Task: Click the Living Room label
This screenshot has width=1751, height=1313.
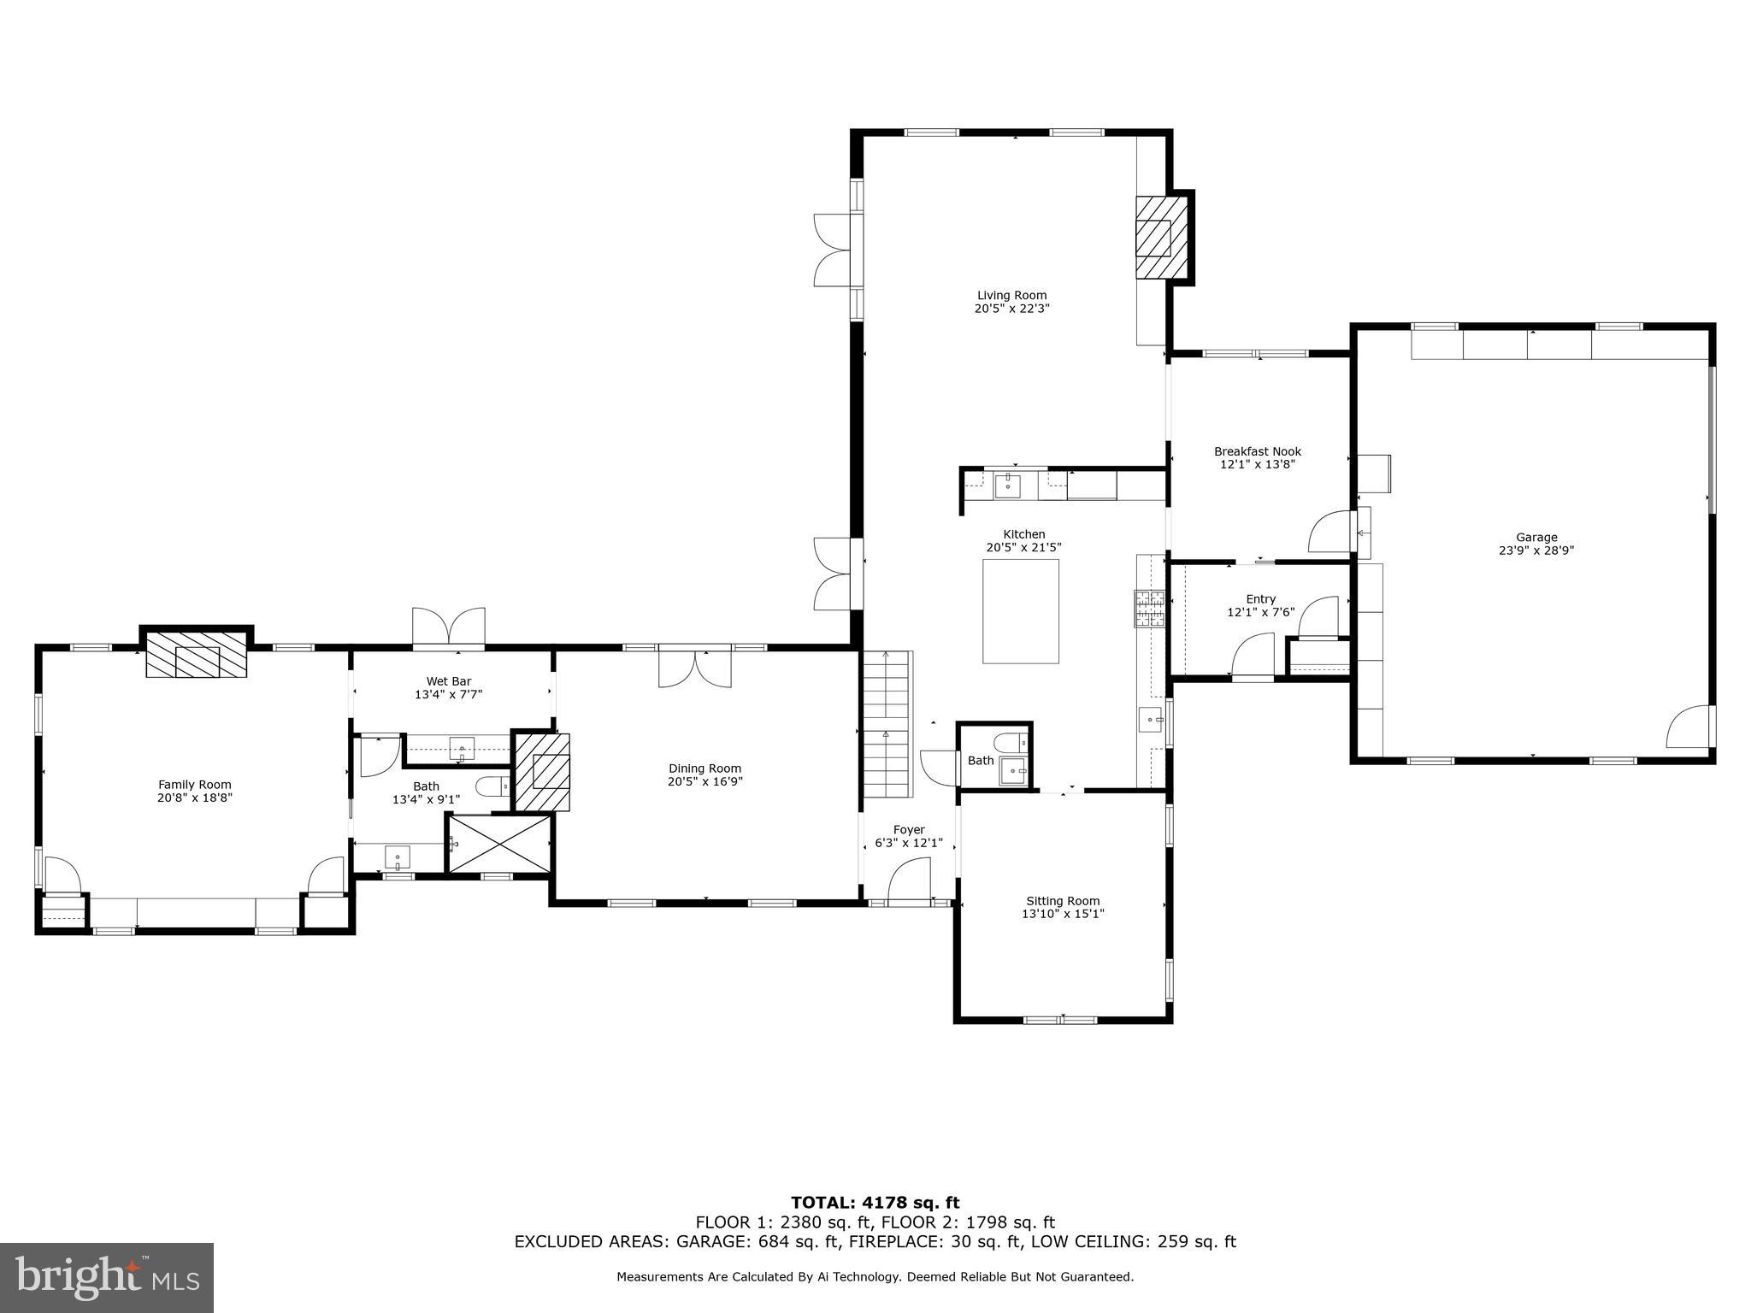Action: click(1011, 296)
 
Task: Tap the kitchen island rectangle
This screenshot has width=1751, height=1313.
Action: click(1020, 611)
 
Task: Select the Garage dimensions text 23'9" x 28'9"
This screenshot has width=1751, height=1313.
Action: click(1536, 551)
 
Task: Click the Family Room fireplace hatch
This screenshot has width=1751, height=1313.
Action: click(197, 656)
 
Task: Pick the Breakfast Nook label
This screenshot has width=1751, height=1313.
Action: click(1257, 451)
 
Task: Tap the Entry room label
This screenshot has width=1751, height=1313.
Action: click(1260, 599)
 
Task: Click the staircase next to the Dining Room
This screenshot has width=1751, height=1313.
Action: click(886, 722)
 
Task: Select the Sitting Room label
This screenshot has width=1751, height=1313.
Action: click(1063, 901)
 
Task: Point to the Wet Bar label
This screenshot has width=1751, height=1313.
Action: click(449, 681)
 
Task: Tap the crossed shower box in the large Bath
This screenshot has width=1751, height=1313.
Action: click(500, 844)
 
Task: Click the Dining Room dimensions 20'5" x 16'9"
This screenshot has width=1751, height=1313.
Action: click(705, 781)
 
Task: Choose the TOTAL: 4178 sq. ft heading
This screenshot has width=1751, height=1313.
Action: click(875, 1203)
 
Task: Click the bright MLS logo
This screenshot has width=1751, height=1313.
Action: click(107, 1278)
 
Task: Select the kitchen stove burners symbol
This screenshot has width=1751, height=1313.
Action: click(1150, 609)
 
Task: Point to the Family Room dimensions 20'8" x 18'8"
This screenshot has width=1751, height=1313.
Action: click(195, 798)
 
